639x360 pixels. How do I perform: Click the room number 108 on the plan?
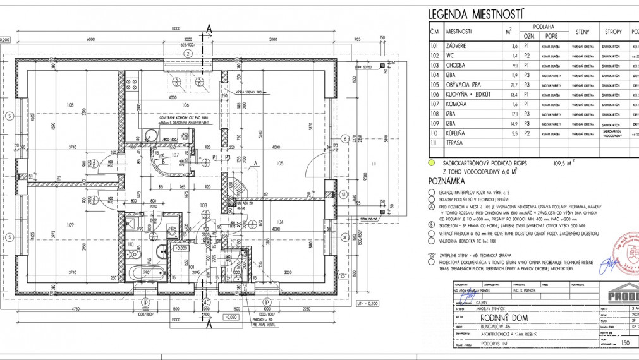[71, 105]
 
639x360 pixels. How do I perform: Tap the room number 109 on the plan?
[70, 225]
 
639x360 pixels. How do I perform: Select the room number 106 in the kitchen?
[186, 105]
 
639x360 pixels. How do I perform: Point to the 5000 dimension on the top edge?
[272, 39]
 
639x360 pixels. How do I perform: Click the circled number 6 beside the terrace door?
[345, 139]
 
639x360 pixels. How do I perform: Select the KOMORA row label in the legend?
[457, 104]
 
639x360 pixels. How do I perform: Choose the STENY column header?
[582, 31]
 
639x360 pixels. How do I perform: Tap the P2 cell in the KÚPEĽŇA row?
[526, 134]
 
